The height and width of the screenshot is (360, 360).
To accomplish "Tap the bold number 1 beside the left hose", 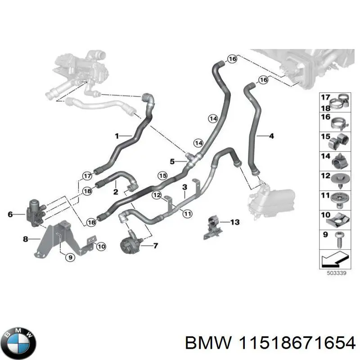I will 117,135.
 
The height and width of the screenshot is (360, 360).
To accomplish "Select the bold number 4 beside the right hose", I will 271,135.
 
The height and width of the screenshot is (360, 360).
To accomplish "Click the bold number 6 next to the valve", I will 10,215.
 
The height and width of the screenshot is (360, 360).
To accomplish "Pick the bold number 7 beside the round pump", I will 155,246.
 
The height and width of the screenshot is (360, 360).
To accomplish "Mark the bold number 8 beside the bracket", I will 25,238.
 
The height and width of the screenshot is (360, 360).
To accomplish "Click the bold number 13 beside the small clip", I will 234,222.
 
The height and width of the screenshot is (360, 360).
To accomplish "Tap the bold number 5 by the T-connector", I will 172,161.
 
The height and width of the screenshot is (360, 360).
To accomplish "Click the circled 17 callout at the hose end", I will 87,175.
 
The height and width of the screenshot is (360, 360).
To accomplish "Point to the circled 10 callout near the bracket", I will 101,246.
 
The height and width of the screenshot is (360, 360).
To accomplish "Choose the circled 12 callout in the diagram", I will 156,195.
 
